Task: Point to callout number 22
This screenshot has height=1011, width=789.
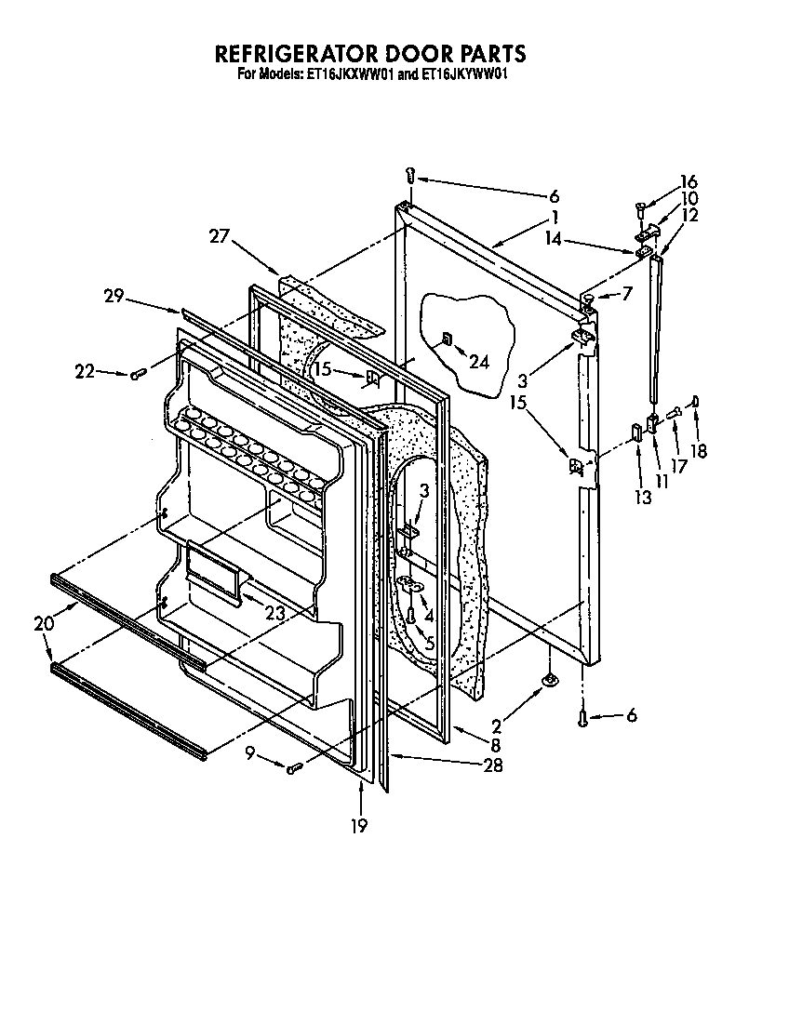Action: [x=85, y=371]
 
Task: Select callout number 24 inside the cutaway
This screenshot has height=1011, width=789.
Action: [x=478, y=362]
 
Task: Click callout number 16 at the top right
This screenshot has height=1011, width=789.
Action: [x=689, y=182]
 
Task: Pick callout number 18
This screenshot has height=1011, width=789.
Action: [x=699, y=451]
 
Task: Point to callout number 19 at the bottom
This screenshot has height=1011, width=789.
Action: [x=360, y=824]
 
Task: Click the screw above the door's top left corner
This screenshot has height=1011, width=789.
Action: [x=410, y=175]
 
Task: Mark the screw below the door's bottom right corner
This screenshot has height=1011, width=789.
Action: [x=582, y=716]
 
